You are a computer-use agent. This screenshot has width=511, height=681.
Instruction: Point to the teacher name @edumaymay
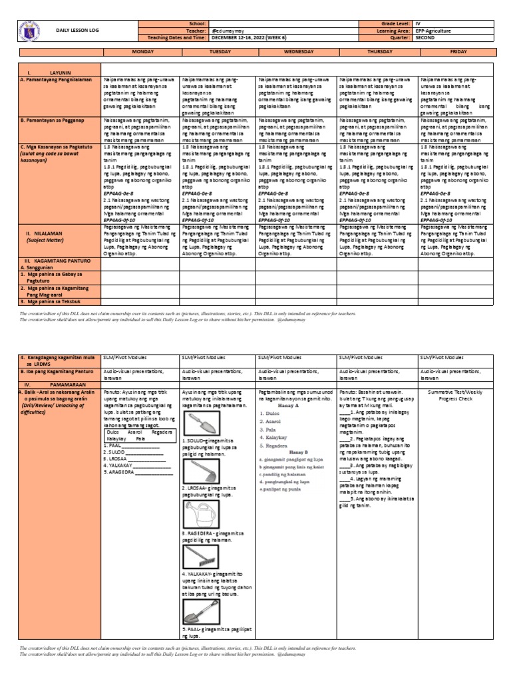pos(226,31)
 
